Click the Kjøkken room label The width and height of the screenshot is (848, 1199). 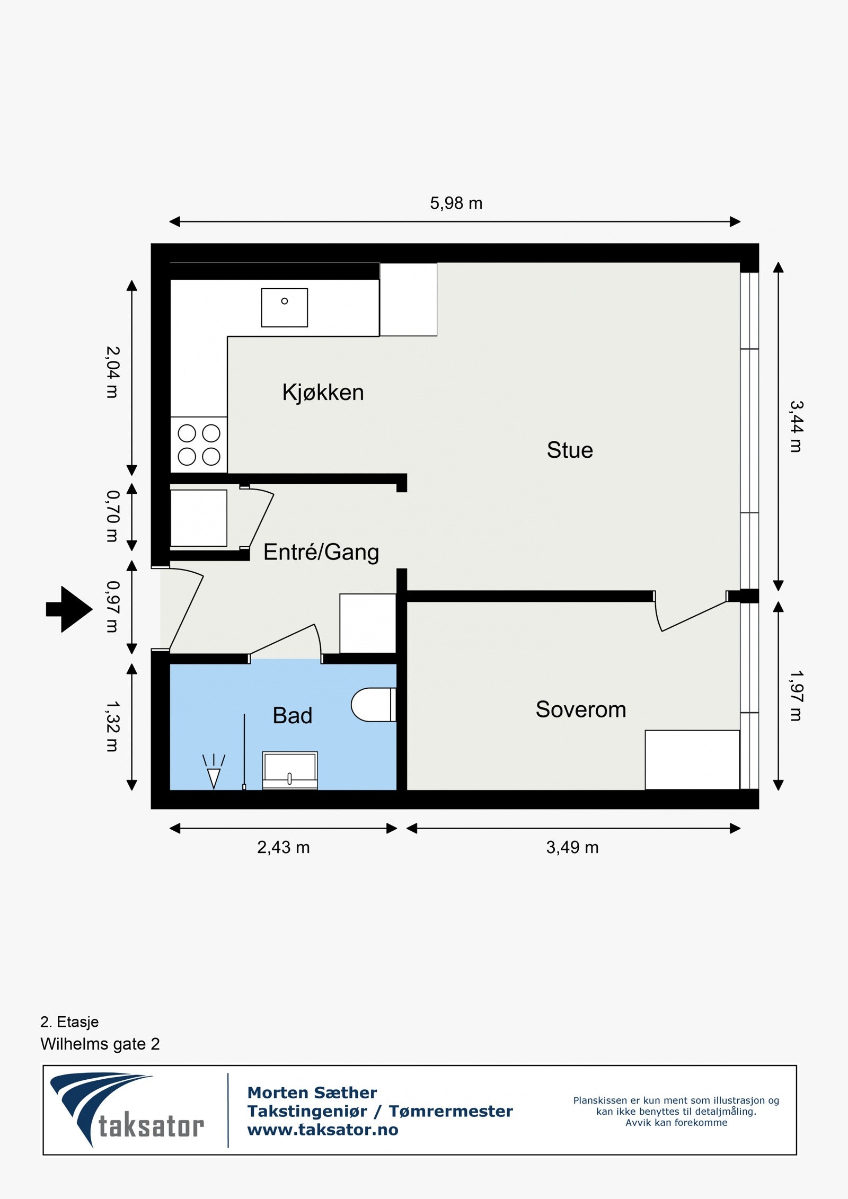tap(323, 393)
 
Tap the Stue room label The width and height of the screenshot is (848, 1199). tap(570, 450)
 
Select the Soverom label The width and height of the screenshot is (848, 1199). tap(581, 709)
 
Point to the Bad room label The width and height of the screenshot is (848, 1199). tap(292, 715)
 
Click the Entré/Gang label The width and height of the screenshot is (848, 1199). tap(321, 552)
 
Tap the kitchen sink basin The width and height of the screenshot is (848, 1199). tap(284, 307)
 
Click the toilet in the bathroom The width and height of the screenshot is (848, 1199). tap(374, 705)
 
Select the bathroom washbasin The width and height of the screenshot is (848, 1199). tap(290, 770)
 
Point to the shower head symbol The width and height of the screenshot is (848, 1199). tap(214, 771)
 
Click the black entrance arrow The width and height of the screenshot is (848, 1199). tap(69, 609)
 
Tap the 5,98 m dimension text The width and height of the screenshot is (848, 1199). tap(456, 203)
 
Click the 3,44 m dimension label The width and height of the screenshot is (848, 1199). tap(797, 426)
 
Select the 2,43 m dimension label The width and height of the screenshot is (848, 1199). tap(283, 847)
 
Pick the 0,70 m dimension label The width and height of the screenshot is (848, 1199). tap(113, 516)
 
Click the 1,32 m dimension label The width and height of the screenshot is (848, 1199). tap(113, 727)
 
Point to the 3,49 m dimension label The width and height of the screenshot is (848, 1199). tap(572, 847)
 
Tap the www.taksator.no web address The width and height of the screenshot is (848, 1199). tap(323, 1130)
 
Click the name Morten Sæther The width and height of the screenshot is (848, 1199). tap(312, 1093)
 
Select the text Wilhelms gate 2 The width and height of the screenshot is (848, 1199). tap(100, 1044)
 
